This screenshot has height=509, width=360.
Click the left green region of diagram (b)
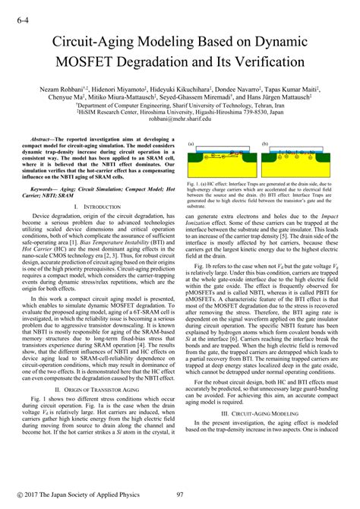[x=270, y=163]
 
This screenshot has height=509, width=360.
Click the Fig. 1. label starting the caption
[x=193, y=183]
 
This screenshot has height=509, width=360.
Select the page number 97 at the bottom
[x=181, y=495]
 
